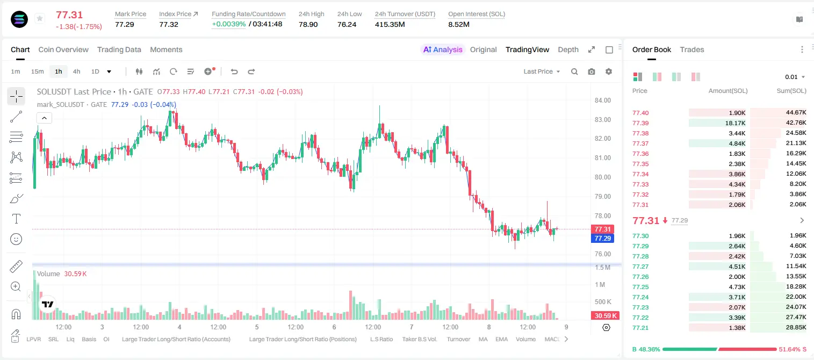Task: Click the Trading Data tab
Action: click(119, 49)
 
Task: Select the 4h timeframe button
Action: click(76, 71)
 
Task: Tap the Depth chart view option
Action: click(568, 49)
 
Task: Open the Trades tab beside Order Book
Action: click(691, 49)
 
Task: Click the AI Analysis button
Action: click(443, 49)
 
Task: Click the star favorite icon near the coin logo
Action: click(40, 18)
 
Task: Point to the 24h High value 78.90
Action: click(308, 24)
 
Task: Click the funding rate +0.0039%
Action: click(228, 24)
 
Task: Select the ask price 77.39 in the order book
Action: click(640, 123)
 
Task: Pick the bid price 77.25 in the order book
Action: click(640, 287)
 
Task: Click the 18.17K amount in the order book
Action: click(735, 123)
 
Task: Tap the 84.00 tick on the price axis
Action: click(602, 100)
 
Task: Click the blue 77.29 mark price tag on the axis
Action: click(602, 239)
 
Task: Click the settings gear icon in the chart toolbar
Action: click(609, 71)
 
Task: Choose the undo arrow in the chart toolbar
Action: click(234, 71)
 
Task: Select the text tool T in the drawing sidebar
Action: click(16, 219)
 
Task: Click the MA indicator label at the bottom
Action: click(483, 339)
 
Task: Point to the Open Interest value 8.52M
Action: click(459, 24)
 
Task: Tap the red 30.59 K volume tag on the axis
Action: click(606, 316)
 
